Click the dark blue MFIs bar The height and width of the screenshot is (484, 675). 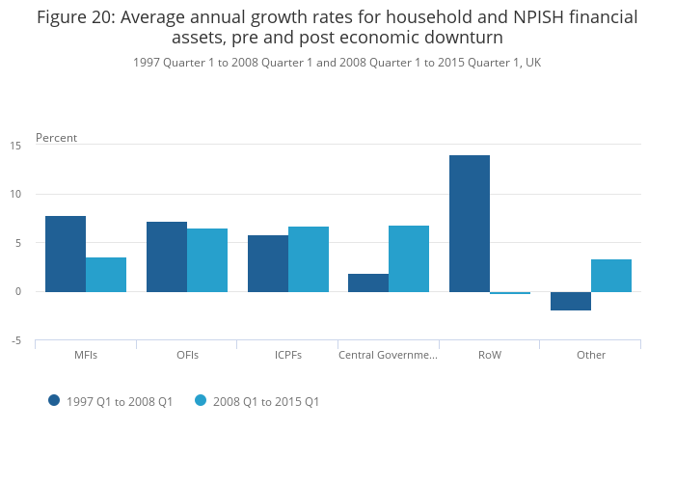click(66, 254)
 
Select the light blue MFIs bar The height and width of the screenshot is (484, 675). click(106, 275)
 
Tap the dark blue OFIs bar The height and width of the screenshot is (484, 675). click(167, 256)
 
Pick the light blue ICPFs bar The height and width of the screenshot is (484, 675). click(309, 259)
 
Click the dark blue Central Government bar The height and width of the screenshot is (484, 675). click(368, 282)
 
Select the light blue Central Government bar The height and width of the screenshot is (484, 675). click(409, 258)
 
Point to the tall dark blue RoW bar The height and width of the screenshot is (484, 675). click(470, 224)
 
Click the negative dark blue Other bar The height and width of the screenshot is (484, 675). click(571, 301)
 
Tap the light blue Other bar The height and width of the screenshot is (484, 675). click(611, 276)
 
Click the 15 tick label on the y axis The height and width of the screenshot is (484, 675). click(15, 146)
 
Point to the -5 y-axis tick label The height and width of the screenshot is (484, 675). click(15, 340)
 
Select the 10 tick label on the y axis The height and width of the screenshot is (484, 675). click(15, 194)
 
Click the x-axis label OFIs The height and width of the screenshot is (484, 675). click(187, 355)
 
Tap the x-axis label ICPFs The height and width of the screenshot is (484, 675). click(287, 355)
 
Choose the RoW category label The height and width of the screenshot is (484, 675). click(490, 355)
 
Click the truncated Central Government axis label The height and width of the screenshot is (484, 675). click(388, 355)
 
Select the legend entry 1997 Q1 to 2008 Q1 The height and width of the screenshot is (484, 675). click(120, 401)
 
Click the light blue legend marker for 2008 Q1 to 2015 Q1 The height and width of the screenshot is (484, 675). click(202, 400)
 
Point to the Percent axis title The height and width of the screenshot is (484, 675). click(56, 138)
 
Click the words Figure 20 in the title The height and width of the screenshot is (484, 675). click(73, 16)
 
